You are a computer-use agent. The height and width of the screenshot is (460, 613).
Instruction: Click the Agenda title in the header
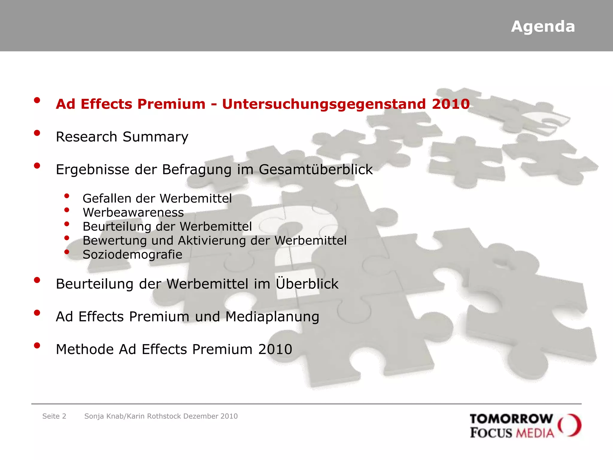tap(543, 27)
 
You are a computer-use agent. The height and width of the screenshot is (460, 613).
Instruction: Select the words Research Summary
tap(122, 137)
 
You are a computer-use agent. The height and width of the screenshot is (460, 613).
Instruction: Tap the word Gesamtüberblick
tap(315, 170)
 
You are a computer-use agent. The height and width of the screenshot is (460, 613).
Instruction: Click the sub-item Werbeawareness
tap(133, 213)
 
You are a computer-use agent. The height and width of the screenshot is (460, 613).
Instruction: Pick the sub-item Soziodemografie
tap(132, 255)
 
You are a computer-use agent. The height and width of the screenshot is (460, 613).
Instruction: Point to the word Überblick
tap(307, 283)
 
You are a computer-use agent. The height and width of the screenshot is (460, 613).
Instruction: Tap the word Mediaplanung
tap(272, 317)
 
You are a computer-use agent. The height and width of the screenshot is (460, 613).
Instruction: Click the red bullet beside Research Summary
tap(37, 133)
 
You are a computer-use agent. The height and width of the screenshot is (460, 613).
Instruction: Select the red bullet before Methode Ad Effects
tap(37, 346)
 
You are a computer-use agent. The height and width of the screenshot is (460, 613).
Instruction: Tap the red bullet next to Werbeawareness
tap(67, 210)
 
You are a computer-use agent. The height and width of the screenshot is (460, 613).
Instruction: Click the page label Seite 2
tap(54, 416)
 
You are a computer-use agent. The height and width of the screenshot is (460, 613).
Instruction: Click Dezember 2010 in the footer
tap(210, 416)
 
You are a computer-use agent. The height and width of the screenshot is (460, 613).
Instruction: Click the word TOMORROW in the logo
tap(511, 419)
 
